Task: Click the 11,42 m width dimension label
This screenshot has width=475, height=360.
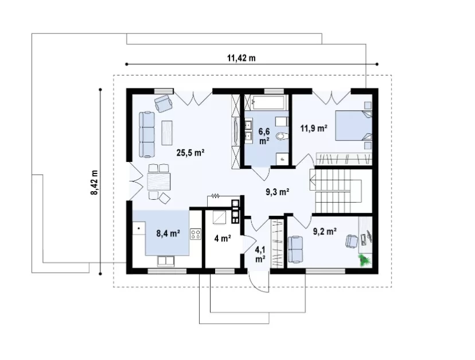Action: [x=241, y=58]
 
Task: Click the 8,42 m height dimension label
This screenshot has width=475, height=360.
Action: [x=95, y=182]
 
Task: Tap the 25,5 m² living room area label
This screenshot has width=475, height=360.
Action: [x=190, y=153]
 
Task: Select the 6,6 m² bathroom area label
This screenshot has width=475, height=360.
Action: [x=264, y=136]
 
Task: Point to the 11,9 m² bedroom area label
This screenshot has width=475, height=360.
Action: [x=314, y=128]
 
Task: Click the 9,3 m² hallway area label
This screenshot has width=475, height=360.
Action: [x=278, y=192]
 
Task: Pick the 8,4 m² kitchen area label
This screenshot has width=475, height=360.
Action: [x=168, y=233]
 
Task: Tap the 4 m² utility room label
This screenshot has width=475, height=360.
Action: [x=223, y=239]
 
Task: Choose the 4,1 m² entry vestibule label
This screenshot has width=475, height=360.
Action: [x=260, y=254]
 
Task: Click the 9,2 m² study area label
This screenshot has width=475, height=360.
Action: [x=325, y=232]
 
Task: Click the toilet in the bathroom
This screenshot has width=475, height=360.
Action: [x=282, y=137]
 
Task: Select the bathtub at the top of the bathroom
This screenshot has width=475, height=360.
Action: [x=268, y=102]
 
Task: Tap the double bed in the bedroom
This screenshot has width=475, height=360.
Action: [x=353, y=126]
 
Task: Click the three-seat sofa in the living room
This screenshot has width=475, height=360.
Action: [x=147, y=134]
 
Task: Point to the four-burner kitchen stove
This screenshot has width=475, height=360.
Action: [x=196, y=234]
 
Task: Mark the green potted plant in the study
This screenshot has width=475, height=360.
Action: [x=365, y=260]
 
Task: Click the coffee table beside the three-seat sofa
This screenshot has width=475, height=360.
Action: [x=167, y=133]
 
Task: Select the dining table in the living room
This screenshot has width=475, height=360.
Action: [x=159, y=181]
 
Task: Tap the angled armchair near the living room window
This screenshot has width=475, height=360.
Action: [x=163, y=103]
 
